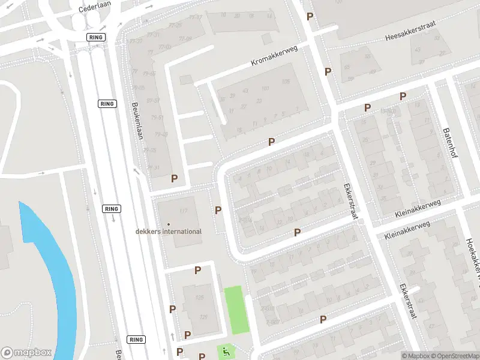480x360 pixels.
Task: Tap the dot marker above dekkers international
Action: click(169, 224)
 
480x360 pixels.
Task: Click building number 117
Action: click(183, 211)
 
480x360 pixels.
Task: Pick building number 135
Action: click(199, 298)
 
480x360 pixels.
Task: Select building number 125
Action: click(203, 317)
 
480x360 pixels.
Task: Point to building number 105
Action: click(286, 82)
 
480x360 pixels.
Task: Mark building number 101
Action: click(265, 89)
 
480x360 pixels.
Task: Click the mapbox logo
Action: click(26, 353)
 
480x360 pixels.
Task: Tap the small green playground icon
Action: click(226, 350)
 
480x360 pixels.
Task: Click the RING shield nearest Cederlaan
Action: click(95, 37)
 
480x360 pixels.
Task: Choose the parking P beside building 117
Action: click(218, 211)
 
